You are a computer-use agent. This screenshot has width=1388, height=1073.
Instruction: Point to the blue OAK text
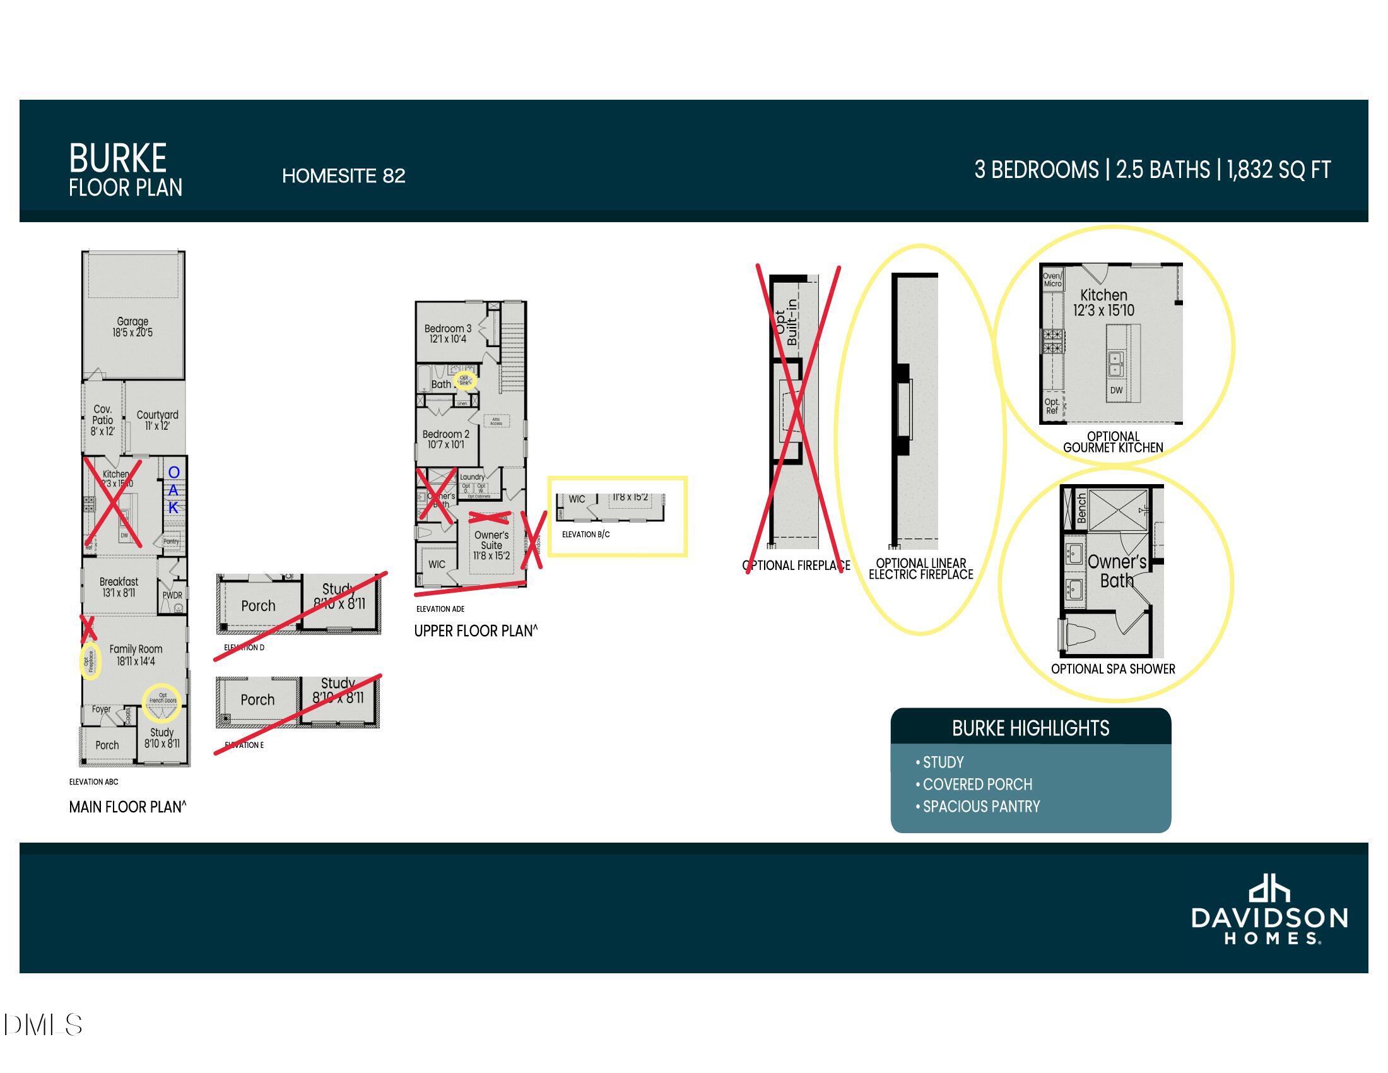click(x=173, y=490)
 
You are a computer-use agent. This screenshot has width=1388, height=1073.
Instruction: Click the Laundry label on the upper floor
click(x=472, y=477)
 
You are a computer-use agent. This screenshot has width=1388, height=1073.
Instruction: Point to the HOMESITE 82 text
click(x=343, y=176)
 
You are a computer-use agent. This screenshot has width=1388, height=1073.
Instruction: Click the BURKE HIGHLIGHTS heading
click(x=1030, y=728)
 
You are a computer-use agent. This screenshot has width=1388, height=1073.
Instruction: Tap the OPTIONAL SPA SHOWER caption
click(x=1113, y=668)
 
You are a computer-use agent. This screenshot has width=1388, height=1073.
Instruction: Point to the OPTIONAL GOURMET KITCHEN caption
click(x=1113, y=442)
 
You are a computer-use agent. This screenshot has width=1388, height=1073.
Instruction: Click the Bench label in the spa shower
click(x=1080, y=508)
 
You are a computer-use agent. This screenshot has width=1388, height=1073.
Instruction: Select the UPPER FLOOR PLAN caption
click(x=475, y=631)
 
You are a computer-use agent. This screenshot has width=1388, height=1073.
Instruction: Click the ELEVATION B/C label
click(x=585, y=535)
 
